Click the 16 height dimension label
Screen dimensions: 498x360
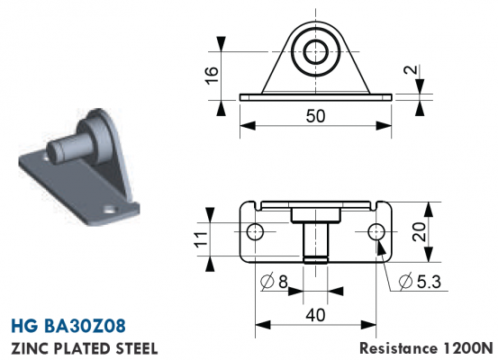[x=212, y=76]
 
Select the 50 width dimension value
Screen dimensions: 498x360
[x=315, y=116]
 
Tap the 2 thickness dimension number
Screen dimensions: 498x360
[x=411, y=69]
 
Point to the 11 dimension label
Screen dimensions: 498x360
[x=202, y=238]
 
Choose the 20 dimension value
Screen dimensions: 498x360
[x=420, y=231]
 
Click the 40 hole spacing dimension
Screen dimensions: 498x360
[x=315, y=315]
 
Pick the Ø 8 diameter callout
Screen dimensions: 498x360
[x=274, y=282]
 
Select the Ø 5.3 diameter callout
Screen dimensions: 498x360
[x=420, y=282]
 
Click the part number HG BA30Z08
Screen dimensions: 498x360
[x=68, y=326]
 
